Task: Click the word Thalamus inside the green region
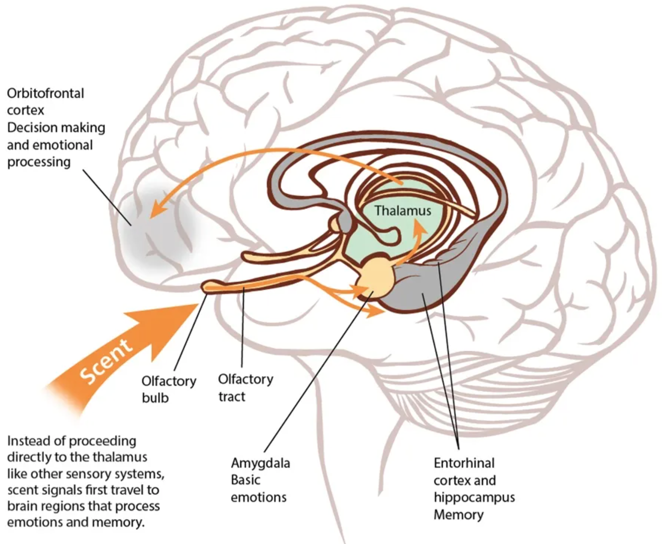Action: point(402,211)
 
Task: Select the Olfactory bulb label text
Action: point(168,389)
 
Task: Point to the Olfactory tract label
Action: point(245,387)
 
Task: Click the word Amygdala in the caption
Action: point(260,463)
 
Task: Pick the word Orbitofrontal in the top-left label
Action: point(45,93)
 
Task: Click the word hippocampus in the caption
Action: point(474,497)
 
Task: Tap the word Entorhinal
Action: point(464,463)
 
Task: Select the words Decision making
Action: point(56,127)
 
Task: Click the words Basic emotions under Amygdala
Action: point(258,489)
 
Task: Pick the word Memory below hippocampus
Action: point(459,515)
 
